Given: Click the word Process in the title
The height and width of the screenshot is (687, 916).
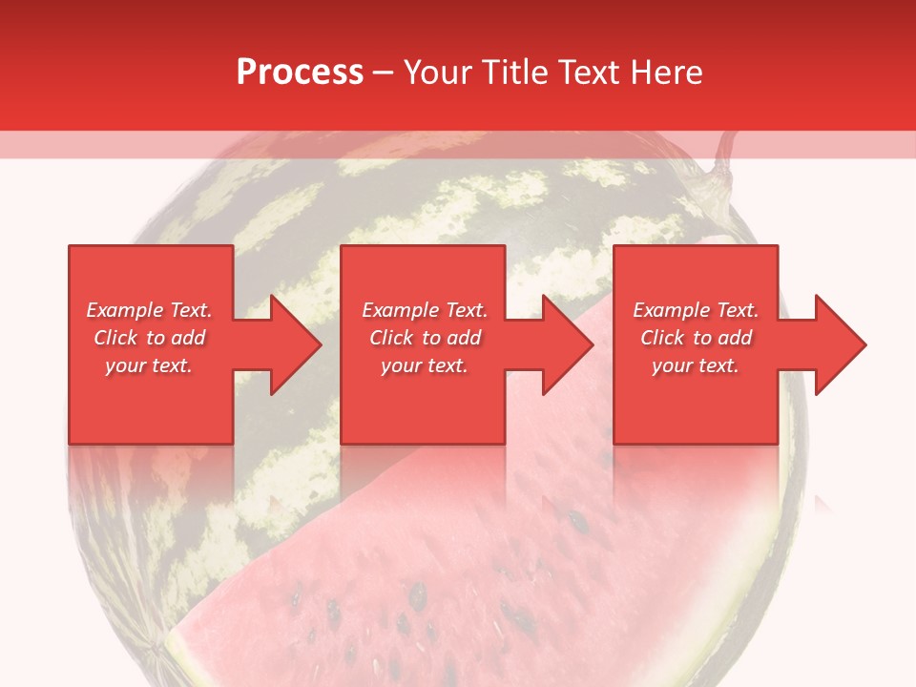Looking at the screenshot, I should point(300,72).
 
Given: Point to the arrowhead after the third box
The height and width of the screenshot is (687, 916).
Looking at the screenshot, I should point(839,344).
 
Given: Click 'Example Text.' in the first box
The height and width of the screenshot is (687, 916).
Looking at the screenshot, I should point(150,310).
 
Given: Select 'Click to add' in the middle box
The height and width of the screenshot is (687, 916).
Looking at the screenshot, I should point(425,338).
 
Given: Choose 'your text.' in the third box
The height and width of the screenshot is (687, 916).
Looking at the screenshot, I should point(696,365).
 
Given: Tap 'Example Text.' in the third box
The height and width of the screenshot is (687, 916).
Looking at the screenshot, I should point(696,310).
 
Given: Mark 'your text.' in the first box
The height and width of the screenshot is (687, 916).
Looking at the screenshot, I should point(149,365).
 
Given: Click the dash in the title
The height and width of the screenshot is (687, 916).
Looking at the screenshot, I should point(384,73).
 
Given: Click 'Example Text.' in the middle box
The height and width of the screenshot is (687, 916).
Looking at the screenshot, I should point(425,310).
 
